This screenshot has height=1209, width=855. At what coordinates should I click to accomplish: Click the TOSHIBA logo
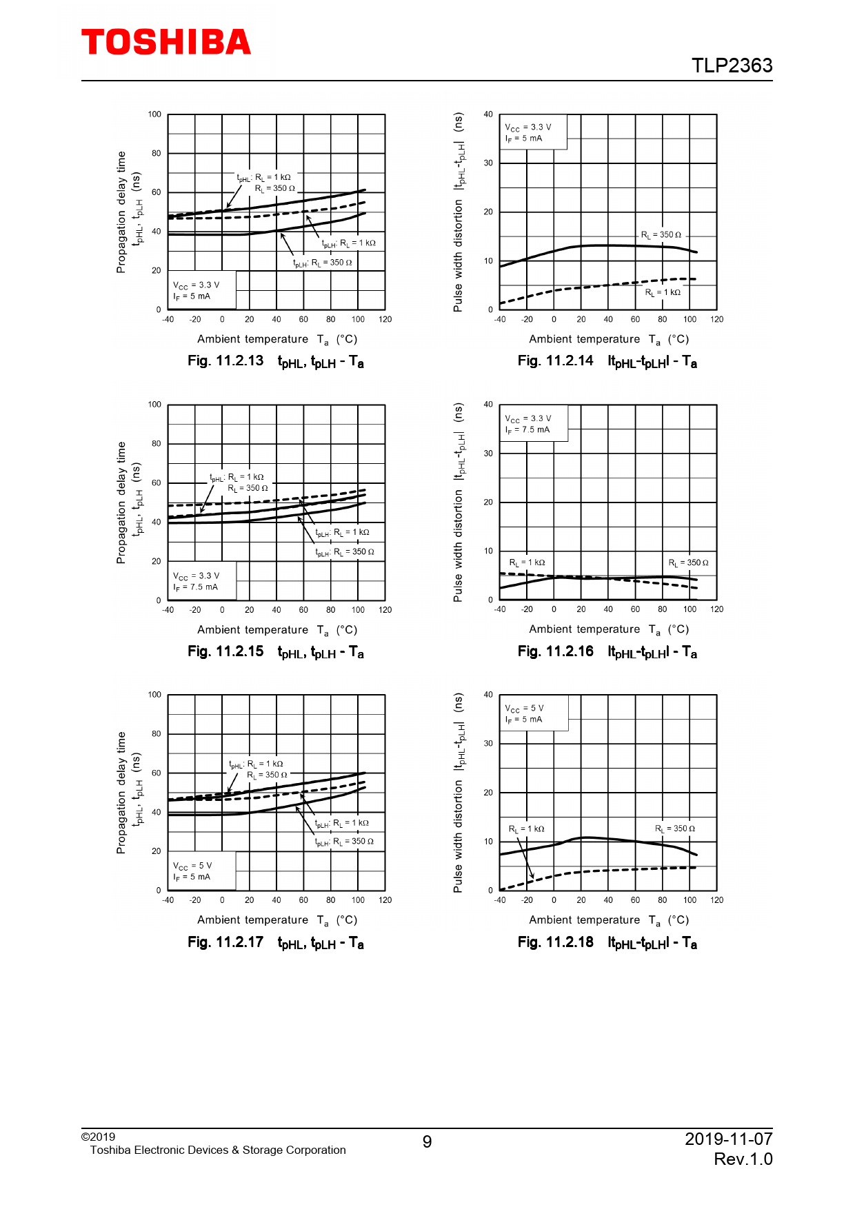166,43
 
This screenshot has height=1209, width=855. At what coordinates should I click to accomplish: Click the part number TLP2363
732,65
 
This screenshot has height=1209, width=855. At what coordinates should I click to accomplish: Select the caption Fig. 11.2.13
225,361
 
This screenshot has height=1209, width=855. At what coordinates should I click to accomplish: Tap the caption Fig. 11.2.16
555,651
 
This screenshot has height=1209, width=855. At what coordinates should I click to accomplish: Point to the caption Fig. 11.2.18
555,942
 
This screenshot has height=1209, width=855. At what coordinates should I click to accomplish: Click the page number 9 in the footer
427,1142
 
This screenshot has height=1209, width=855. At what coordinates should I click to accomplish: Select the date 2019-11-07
728,1139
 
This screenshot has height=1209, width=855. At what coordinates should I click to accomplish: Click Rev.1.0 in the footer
743,1159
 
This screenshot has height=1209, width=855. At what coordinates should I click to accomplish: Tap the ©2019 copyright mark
98,1137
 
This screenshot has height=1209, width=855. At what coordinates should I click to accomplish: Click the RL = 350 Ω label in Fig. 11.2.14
661,235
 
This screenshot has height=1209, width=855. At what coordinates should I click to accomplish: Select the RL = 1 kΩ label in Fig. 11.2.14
662,292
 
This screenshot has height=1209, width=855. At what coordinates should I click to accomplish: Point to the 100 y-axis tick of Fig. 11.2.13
154,114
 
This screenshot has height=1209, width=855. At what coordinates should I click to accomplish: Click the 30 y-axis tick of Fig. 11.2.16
488,454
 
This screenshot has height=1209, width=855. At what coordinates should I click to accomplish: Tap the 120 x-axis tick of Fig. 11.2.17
385,900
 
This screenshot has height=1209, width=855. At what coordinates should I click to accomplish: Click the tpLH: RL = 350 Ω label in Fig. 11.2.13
323,263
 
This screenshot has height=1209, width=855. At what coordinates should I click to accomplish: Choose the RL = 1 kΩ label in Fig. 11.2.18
526,829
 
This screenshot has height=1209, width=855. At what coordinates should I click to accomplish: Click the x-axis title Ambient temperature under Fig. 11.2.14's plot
585,339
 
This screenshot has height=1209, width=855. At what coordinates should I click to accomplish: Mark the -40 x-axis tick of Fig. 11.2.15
168,610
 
